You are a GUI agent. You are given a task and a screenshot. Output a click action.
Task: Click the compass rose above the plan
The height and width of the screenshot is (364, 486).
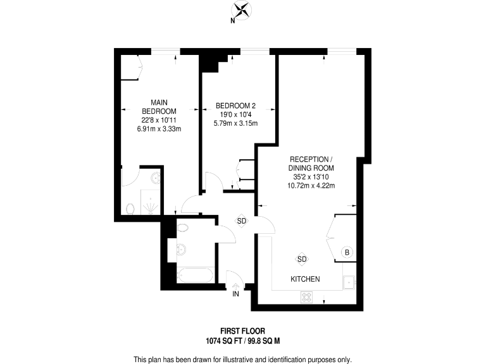pyautogui.click(x=242, y=10)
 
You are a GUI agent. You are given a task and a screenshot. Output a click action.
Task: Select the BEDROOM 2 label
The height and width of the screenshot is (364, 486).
pyautogui.click(x=235, y=106)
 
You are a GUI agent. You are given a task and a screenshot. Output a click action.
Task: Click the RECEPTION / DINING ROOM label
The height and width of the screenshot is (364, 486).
pyautogui.click(x=310, y=163)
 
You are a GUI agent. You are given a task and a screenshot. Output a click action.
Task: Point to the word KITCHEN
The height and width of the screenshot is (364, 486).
pyautogui.click(x=305, y=279)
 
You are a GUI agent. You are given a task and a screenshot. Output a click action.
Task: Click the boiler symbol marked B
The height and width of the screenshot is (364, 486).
pyautogui.click(x=346, y=252)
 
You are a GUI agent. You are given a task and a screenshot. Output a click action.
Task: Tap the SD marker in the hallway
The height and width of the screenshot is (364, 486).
pyautogui.click(x=242, y=221)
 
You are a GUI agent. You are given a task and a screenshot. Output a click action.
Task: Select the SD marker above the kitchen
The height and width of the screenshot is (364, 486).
pyautogui.click(x=302, y=259)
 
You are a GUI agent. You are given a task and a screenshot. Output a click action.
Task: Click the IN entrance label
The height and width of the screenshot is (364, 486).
pyautogui.click(x=236, y=294)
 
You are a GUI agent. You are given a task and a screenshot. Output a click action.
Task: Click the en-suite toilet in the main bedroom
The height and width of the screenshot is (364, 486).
pyautogui.click(x=130, y=208)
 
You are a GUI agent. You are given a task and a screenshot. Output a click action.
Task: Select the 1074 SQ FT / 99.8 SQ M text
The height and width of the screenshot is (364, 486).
pyautogui.click(x=242, y=341)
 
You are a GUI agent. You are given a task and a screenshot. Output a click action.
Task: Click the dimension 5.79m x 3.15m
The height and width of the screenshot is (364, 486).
pyautogui.click(x=235, y=124)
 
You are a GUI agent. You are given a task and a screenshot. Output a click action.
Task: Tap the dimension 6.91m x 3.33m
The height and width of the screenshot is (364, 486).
pyautogui.click(x=159, y=129)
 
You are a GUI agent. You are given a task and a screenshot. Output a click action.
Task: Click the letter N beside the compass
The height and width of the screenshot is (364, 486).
pyautogui.click(x=232, y=21)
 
